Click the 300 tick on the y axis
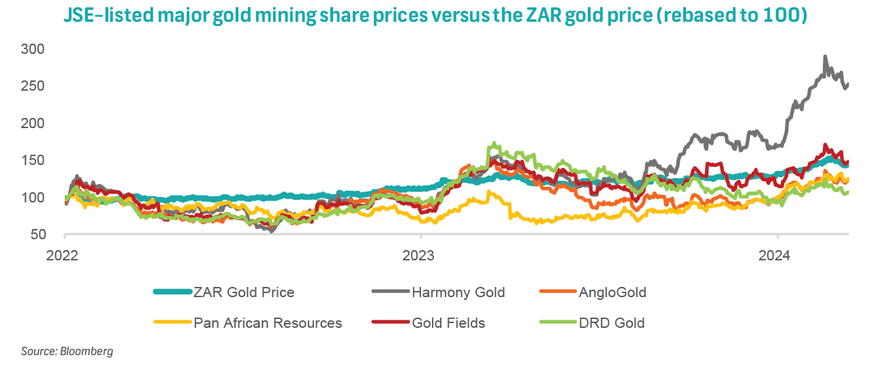coord(33,49)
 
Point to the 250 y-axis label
coord(33,87)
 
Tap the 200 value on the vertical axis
coord(33,123)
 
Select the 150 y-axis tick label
coord(33,161)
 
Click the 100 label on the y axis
coord(33,198)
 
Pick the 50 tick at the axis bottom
coord(37,235)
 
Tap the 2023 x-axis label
coord(421,256)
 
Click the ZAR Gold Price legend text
coord(244,293)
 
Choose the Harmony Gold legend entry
coord(458,293)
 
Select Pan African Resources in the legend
coord(268,323)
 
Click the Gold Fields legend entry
coord(448,323)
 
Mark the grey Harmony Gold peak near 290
coord(825,57)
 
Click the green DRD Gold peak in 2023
coord(493,144)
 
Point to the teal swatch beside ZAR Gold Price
coord(172,293)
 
